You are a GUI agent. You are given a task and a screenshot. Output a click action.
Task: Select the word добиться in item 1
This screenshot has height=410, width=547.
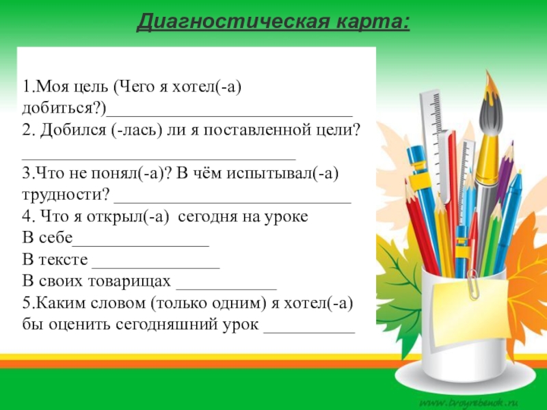click(x=61, y=108)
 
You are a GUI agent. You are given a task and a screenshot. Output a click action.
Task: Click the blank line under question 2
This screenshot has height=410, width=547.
click(x=159, y=159)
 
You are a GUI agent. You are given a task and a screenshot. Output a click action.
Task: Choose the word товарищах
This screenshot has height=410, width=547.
click(x=129, y=282)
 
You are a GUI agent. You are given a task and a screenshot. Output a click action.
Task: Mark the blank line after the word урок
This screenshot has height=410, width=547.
click(x=310, y=332)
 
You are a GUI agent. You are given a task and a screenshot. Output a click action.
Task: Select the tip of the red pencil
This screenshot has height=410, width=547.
click(x=406, y=181)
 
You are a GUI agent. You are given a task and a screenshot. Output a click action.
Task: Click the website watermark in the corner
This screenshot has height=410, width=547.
click(x=469, y=402)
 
